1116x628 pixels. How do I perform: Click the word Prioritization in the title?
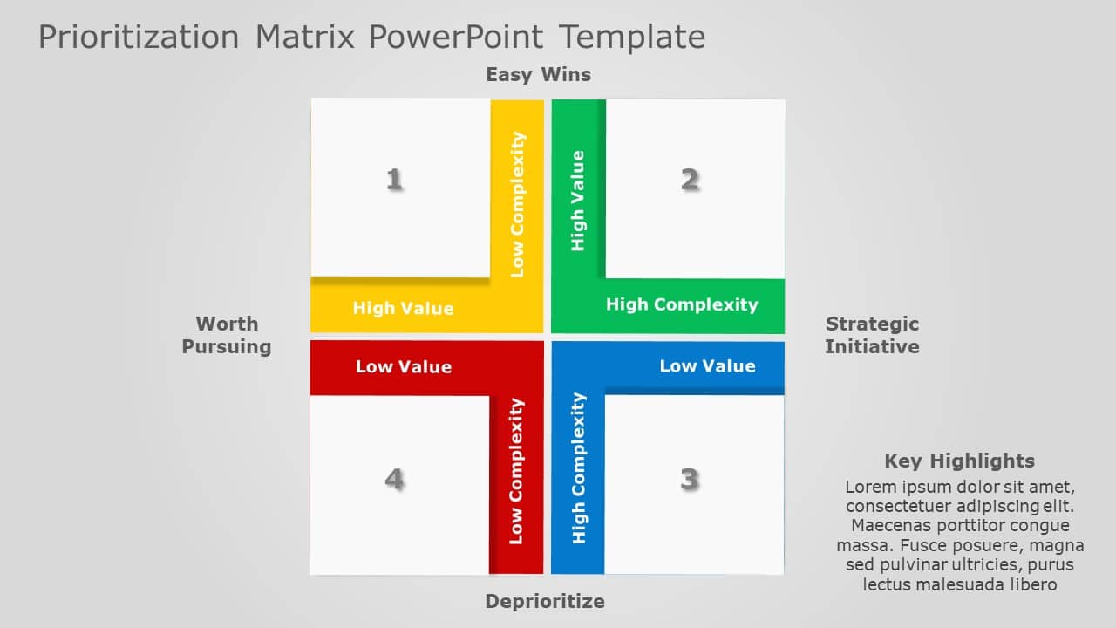point(138,38)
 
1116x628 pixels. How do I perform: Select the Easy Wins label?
point(538,75)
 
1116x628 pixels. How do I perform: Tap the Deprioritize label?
point(544,601)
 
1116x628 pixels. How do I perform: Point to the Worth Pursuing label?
point(227,335)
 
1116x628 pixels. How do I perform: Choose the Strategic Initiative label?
point(872,335)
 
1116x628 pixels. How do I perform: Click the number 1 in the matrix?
point(394,180)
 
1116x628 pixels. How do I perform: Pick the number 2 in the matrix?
point(690,180)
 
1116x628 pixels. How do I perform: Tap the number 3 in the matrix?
point(690,479)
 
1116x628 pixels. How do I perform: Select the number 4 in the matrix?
point(394,479)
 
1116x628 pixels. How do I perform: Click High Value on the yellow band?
point(403,308)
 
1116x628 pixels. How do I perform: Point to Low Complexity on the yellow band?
point(517,204)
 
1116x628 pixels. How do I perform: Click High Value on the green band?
point(577,201)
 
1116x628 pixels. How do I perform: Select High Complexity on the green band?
point(682,304)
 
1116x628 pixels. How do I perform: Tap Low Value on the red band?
point(403,367)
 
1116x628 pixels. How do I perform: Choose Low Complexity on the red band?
point(516,471)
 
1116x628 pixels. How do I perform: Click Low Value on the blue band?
point(707,366)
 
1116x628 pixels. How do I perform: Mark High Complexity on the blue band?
point(578,468)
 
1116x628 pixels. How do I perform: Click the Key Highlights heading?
point(959,461)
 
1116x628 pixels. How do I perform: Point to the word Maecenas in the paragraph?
point(891,525)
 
